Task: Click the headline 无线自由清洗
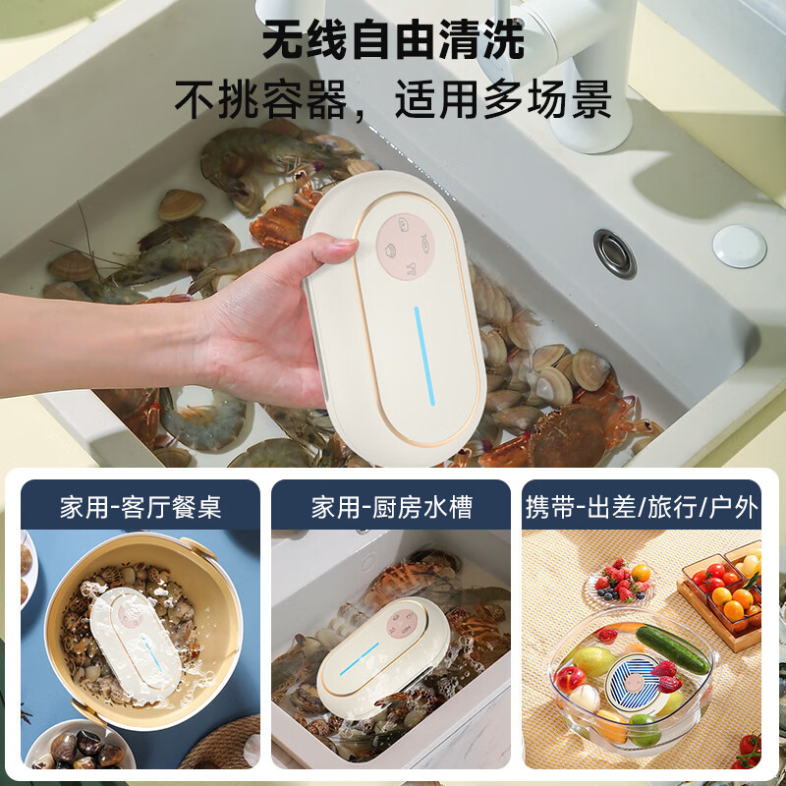pyautogui.click(x=394, y=39)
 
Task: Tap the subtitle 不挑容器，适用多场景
pyautogui.click(x=393, y=99)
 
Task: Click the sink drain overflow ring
pyautogui.click(x=615, y=253)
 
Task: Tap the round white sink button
pyautogui.click(x=739, y=247)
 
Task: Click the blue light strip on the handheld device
pyautogui.click(x=424, y=356)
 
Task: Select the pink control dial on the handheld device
pyautogui.click(x=405, y=247)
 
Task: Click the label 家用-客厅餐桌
pyautogui.click(x=140, y=507)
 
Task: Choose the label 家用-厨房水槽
pyautogui.click(x=392, y=507)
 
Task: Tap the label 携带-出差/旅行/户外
pyautogui.click(x=642, y=507)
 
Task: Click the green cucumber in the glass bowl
pyautogui.click(x=672, y=649)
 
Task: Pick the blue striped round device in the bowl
pyautogui.click(x=634, y=684)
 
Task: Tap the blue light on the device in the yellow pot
pyautogui.click(x=151, y=653)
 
